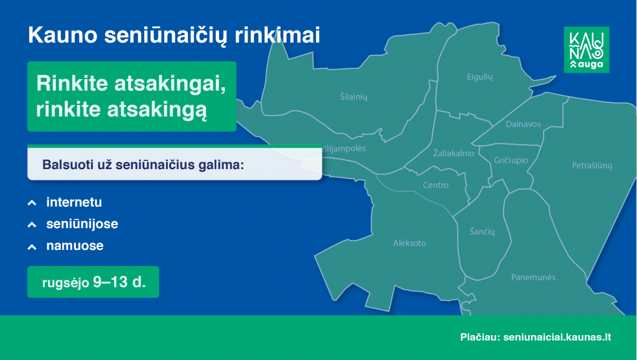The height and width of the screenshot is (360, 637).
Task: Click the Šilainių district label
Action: pos(353,97)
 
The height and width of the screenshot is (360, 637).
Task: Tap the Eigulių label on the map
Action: pos(480,76)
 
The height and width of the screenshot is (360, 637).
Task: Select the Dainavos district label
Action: pos(523,124)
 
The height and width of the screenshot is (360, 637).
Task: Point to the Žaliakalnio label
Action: pos(453,153)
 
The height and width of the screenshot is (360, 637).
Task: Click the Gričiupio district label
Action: pos(511,160)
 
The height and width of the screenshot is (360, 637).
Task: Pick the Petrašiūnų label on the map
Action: pos(592,165)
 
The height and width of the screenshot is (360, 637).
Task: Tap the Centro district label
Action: pos(435,185)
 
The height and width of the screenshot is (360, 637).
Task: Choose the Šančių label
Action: pos(482,231)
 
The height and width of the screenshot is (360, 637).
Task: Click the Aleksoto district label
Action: pos(409,243)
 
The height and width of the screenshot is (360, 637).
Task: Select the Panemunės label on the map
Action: pos(533,277)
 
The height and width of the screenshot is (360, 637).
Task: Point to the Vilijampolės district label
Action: pos(343,149)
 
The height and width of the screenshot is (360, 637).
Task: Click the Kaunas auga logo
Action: pos(586,50)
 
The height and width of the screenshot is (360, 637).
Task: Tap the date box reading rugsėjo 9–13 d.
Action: pos(93,282)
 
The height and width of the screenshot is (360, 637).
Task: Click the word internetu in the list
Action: pos(74,202)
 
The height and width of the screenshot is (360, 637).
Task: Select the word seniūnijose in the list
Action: pos(82,224)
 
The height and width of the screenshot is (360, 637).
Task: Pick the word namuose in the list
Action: pos(75,246)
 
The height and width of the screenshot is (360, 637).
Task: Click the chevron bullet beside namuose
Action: pos(32,247)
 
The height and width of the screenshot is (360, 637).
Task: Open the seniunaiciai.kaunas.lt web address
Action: pos(557,337)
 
